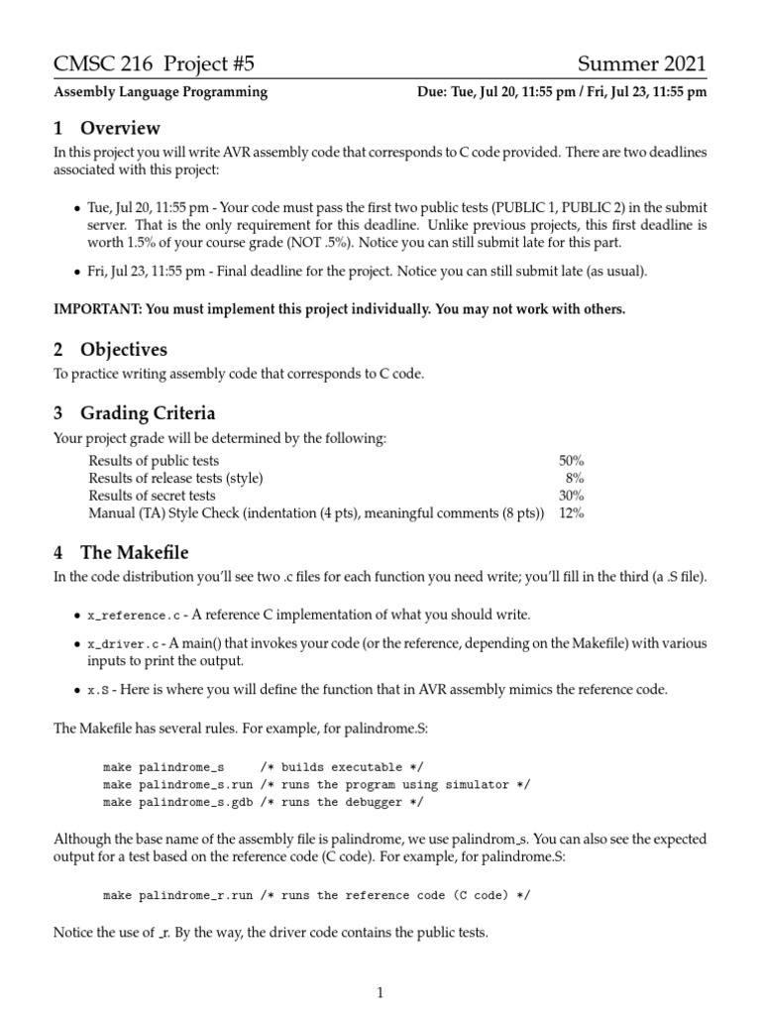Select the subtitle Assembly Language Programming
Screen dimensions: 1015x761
click(x=160, y=92)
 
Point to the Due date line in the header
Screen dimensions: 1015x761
click(x=563, y=92)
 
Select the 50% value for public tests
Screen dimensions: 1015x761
click(x=571, y=461)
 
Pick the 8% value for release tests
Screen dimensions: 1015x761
click(x=575, y=478)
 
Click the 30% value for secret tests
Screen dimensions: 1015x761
click(x=571, y=496)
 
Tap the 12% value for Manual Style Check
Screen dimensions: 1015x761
click(x=571, y=513)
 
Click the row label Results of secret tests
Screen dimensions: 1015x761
click(x=152, y=496)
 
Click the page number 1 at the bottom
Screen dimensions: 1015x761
click(x=380, y=991)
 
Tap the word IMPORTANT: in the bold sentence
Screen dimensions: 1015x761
click(x=97, y=309)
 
